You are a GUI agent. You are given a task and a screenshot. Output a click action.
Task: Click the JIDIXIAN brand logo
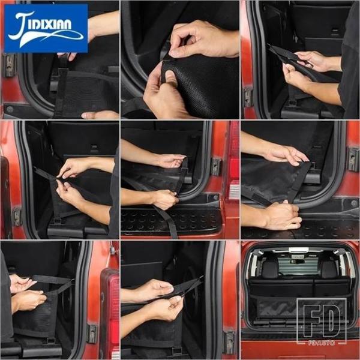coord(46,28)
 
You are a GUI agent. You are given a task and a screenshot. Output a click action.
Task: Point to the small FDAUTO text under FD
coord(321,343)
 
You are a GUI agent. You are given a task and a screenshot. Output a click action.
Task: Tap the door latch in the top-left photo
coord(10,65)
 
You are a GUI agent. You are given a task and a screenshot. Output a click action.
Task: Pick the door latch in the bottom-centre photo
coord(230,340)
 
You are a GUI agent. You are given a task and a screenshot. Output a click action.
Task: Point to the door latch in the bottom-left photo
coord(92,333)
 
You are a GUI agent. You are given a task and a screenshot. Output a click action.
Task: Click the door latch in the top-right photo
coord(247,97)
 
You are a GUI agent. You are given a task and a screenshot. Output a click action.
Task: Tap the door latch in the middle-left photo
coord(17,216)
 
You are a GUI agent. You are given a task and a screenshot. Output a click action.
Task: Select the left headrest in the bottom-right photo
coord(270,269)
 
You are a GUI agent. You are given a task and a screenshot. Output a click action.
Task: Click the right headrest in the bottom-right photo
coord(328,269)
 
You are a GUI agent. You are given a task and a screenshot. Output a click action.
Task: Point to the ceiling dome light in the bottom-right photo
coord(298,250)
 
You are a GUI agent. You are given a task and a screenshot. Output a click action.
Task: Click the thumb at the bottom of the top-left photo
coord(100,115)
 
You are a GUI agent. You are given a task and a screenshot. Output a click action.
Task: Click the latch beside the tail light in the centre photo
coord(216,167)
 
